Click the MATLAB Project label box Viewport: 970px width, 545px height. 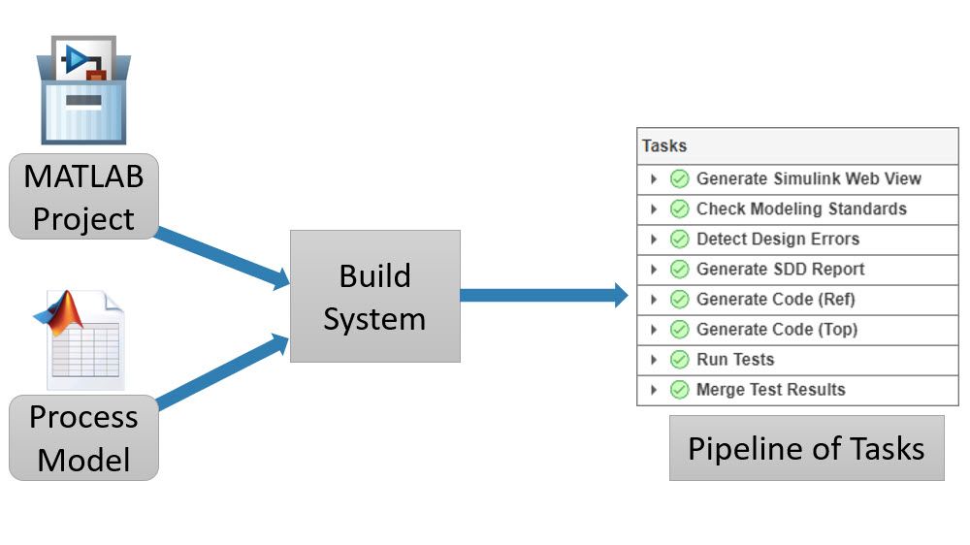coord(82,197)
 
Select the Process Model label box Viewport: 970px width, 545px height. coord(82,437)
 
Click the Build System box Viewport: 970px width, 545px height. coord(374,296)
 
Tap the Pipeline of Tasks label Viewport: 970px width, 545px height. coord(806,448)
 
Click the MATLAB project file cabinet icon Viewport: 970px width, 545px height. coord(83,90)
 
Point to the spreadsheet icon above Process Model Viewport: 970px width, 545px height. coord(82,338)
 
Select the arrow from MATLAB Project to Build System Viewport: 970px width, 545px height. coord(223,257)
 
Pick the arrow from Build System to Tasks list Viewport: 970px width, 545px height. coord(543,295)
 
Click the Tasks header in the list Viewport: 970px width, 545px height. coord(664,146)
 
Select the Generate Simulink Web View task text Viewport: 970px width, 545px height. coord(808,178)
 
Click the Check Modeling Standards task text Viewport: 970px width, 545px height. coord(801,208)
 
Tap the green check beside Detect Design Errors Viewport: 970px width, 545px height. coord(679,240)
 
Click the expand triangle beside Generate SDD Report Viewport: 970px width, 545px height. coord(654,270)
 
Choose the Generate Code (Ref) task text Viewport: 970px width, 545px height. coord(776,300)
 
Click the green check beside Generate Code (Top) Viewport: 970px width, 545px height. coord(679,330)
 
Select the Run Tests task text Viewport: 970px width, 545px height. coord(735,360)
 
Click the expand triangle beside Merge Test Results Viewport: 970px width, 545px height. coord(654,390)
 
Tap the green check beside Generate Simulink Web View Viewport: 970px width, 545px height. coord(679,179)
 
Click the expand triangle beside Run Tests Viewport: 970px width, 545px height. coord(654,360)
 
